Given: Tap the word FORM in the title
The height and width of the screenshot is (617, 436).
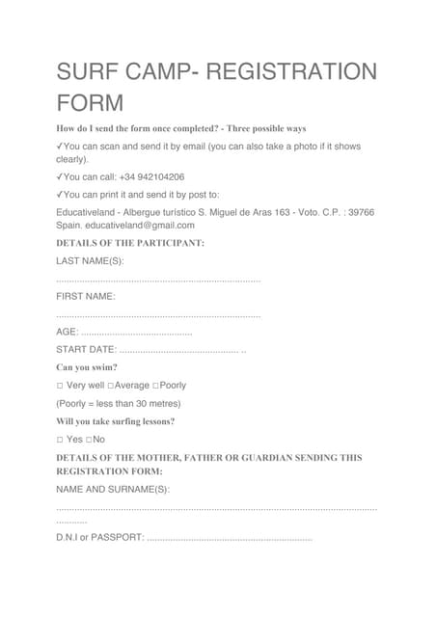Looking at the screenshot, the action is pos(91,102).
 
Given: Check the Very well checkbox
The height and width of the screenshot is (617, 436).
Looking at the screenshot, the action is pos(60,386).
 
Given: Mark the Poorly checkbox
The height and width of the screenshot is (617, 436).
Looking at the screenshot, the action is pos(157,386).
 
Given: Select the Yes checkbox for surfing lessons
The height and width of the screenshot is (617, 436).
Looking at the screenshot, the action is pos(60,440).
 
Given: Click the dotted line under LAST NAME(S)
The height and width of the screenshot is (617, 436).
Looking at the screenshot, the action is pos(158,280).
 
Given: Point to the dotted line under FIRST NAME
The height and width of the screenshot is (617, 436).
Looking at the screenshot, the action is pos(158,315).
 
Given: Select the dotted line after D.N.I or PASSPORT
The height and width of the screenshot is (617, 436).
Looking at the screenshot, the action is pos(231,537).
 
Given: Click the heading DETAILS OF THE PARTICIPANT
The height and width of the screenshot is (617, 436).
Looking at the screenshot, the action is pos(130,243).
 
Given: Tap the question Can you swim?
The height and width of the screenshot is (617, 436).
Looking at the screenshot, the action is pos(87,367).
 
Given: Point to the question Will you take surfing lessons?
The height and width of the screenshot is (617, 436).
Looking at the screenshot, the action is pos(115,421).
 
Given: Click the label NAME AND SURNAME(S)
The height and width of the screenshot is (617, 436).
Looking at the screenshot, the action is pos(113,490).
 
